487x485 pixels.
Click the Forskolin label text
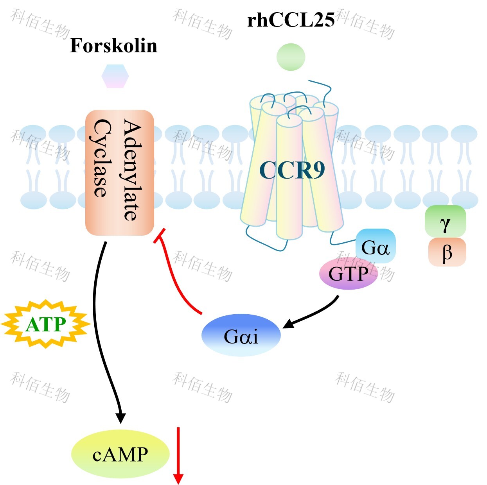tap(113, 46)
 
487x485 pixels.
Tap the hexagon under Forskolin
tap(115, 76)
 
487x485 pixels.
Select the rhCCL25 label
tap(291, 20)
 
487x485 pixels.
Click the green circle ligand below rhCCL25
tap(291, 57)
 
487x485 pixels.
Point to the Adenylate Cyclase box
tap(120, 172)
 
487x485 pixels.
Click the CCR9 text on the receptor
tap(292, 170)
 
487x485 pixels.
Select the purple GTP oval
tap(348, 274)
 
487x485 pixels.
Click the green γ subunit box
tap(445, 222)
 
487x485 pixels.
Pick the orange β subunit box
tap(447, 252)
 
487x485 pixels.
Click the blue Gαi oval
tap(241, 335)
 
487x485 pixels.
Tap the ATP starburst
tap(46, 324)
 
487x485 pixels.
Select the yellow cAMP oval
tap(120, 454)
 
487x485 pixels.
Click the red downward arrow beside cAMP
tap(178, 455)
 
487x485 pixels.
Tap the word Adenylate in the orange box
tap(132, 170)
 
